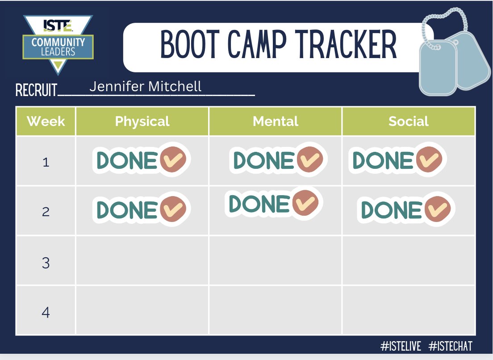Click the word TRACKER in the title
(347, 46)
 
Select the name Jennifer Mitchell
(145, 86)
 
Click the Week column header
(46, 121)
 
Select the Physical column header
(142, 121)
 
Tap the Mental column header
(275, 121)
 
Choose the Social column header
(408, 121)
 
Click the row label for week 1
(46, 162)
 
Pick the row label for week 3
(46, 263)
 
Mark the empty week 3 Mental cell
(275, 260)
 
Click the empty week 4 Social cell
(408, 310)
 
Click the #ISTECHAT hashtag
(450, 346)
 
